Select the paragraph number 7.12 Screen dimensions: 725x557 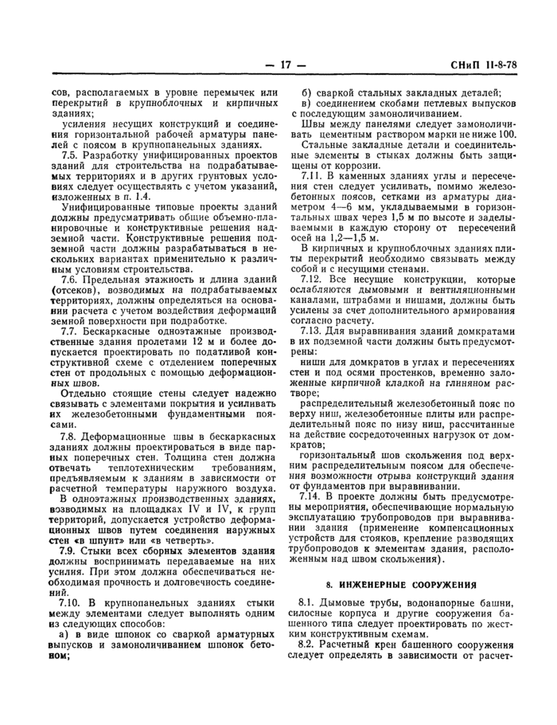[x=315, y=279]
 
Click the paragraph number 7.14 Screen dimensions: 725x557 [x=315, y=496]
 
